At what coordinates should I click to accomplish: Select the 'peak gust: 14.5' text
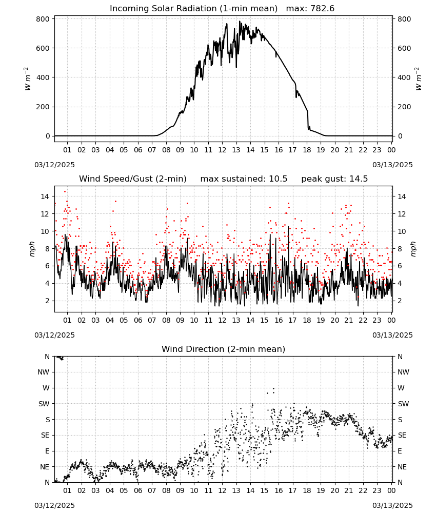tap(334, 179)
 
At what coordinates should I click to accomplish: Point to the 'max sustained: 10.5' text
tap(244, 179)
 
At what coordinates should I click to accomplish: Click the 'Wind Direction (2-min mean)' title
tap(224, 349)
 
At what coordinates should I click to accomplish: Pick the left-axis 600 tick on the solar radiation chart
tap(43, 48)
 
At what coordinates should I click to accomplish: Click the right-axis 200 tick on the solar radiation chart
tap(404, 107)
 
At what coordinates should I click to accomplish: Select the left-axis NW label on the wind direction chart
tap(44, 372)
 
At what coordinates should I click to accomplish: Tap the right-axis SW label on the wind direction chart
tap(403, 404)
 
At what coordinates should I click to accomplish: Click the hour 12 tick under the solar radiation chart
tap(222, 150)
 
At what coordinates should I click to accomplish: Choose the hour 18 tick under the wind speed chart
tap(307, 320)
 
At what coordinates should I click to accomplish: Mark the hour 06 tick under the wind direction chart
tap(138, 490)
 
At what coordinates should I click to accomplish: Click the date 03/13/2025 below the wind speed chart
tap(392, 335)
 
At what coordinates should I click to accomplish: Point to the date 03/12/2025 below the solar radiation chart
tap(54, 165)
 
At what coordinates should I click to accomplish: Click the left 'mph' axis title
tap(32, 249)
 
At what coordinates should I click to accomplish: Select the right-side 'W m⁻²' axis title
tap(419, 78)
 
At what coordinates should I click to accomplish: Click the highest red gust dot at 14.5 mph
tap(65, 191)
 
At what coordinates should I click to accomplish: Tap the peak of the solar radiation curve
tap(240, 21)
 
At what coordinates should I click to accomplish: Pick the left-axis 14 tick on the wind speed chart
tap(45, 196)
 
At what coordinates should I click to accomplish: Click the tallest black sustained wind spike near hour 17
tap(288, 227)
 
